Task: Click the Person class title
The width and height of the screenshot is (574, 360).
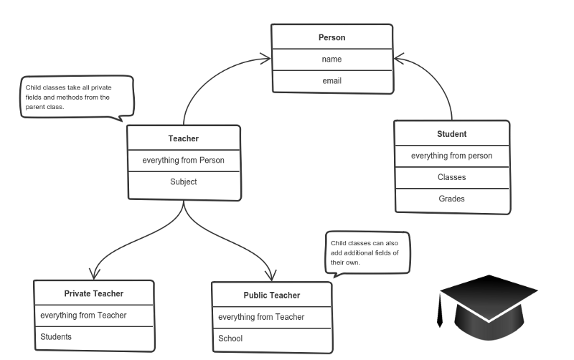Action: click(x=331, y=37)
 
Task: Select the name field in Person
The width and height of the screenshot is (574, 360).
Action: click(x=331, y=60)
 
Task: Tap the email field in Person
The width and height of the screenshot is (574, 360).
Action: click(x=331, y=81)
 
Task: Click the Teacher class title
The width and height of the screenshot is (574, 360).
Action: click(x=183, y=138)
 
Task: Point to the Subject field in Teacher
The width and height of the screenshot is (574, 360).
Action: click(x=183, y=181)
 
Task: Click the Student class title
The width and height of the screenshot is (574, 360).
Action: click(x=452, y=134)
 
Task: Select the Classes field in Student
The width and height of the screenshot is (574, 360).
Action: click(x=452, y=176)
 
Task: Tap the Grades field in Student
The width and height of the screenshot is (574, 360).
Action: click(x=452, y=199)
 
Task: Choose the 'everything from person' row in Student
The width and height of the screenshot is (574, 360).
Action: click(x=451, y=156)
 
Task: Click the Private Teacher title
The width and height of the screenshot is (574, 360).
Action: click(x=93, y=293)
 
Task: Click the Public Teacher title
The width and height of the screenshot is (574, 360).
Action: click(x=271, y=295)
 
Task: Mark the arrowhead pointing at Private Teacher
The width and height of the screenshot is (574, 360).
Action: click(x=93, y=275)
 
